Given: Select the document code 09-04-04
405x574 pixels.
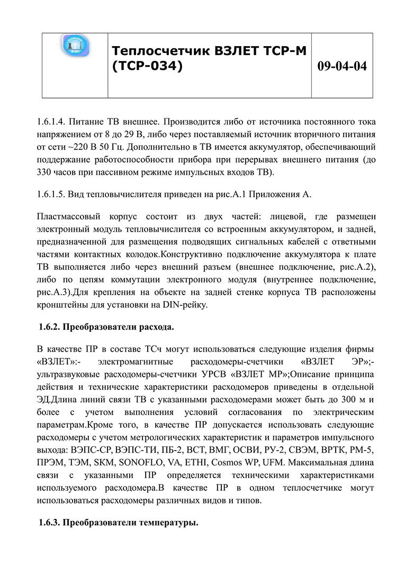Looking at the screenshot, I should tap(342, 66).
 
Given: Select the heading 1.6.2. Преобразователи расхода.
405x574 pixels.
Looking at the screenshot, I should tap(106, 326).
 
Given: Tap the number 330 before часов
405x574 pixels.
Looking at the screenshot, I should tap(46, 173).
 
